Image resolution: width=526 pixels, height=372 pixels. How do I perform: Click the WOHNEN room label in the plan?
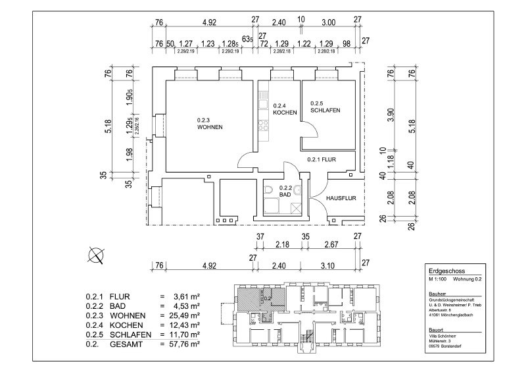point(210,126)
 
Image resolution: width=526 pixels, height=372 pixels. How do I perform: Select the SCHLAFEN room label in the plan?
point(325,110)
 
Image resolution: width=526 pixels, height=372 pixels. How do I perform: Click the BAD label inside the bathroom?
point(285,196)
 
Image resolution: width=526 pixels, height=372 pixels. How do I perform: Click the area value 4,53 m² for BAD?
point(186,306)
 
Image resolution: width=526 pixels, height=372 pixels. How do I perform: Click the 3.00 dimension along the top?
point(328,22)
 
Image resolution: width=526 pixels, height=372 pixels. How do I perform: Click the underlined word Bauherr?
point(437,293)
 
